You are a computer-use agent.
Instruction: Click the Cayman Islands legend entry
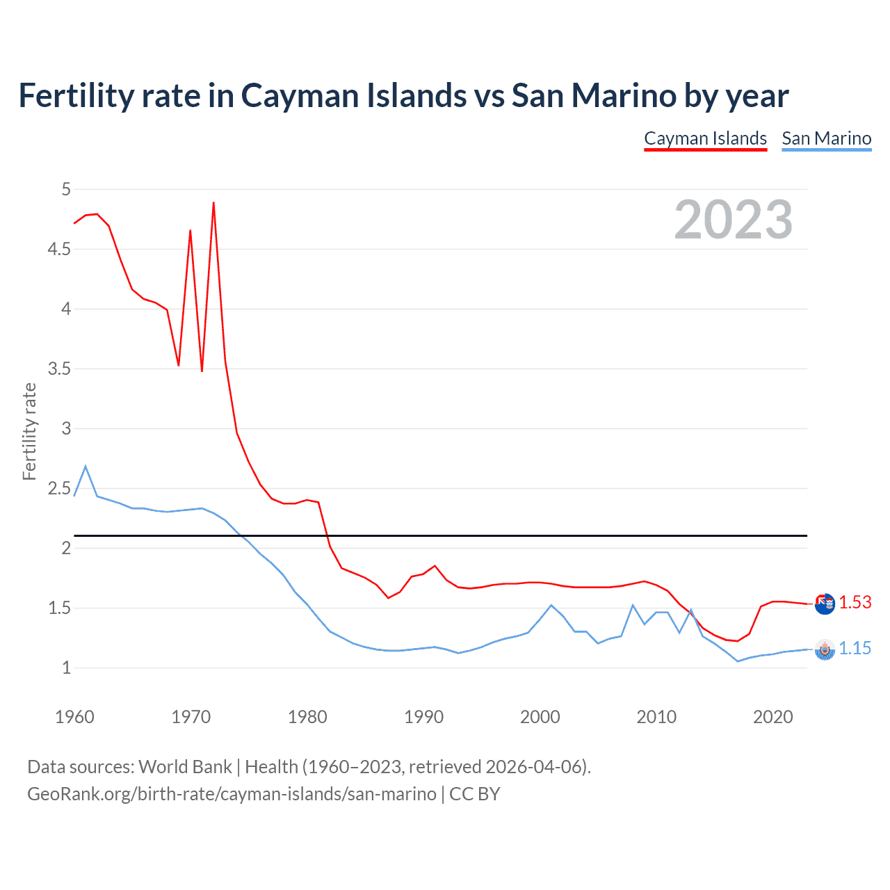pos(705,138)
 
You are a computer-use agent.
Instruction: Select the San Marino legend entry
pos(826,138)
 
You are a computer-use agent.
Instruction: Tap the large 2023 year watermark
pos(733,220)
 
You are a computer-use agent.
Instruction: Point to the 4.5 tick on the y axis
pos(59,249)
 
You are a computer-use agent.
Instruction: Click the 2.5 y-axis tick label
pos(59,488)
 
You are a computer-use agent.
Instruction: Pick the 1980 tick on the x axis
pos(307,717)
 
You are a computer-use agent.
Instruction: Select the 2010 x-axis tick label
pos(656,717)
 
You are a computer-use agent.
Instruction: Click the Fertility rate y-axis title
pos(29,431)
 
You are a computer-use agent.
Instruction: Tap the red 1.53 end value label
pos(855,602)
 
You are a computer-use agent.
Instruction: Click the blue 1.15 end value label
pos(855,648)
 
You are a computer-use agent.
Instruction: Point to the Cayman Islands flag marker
pos(825,604)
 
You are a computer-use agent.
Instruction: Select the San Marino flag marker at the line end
pos(825,649)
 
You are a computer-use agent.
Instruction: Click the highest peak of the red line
pos(213,203)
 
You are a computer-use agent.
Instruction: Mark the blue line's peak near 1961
pos(86,467)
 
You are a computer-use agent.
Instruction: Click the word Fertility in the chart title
pos(75,95)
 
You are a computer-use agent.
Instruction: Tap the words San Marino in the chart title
pos(594,95)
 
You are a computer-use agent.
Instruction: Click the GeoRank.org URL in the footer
pos(232,794)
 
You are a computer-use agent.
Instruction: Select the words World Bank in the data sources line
pos(185,767)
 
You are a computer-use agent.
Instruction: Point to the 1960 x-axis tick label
pos(74,717)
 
